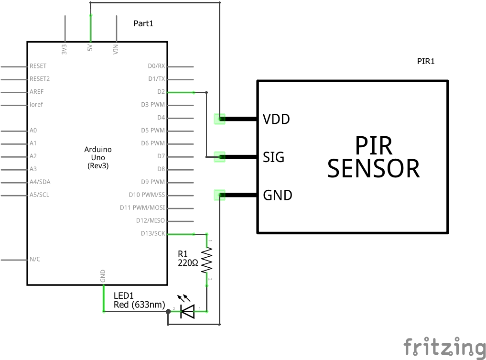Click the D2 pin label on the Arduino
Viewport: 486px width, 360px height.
(161, 92)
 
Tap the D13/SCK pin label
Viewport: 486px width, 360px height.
(152, 234)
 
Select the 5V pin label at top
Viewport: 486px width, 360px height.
(90, 49)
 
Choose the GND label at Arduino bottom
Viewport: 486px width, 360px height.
(103, 275)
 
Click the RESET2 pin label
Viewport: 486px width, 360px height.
(40, 79)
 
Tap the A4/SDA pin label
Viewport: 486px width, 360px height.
(39, 182)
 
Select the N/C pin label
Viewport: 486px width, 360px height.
(35, 259)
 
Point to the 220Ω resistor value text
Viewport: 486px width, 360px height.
(188, 262)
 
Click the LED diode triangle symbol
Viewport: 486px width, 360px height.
(187, 312)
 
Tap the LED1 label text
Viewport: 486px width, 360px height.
(124, 296)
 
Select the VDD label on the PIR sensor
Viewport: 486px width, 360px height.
(277, 119)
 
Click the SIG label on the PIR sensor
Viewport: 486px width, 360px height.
(274, 157)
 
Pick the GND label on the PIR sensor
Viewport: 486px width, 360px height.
(278, 195)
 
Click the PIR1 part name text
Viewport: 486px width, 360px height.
(426, 61)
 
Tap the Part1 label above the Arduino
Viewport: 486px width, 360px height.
(143, 23)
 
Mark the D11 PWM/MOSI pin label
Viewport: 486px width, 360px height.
(142, 208)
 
